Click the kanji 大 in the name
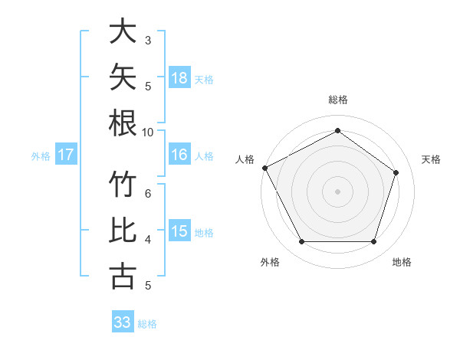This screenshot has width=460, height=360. pos(123,31)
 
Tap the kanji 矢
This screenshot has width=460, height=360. pos(123,77)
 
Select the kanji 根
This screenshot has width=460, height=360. pos(123,123)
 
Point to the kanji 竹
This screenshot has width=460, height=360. pos(123,184)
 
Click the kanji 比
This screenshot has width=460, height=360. pos(123,230)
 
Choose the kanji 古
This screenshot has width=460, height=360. pos(123,276)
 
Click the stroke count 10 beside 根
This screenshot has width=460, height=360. pos(147,133)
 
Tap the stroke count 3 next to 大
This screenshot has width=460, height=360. pos(148,41)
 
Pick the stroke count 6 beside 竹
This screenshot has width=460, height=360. pos(148,194)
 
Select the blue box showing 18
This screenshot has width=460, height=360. pos(179,77)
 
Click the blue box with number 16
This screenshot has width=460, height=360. pos(179,154)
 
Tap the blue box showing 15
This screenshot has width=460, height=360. pos(179,230)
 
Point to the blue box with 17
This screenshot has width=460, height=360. pos(66,154)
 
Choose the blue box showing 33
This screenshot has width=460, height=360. pos(123,321)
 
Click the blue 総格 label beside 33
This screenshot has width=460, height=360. pos(147,324)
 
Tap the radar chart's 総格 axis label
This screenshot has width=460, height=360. pos(338,100)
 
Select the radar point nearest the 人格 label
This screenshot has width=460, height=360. pos(265,168)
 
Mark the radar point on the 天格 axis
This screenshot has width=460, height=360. pos(396,172)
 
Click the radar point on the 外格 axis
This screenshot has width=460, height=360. pos(302,241)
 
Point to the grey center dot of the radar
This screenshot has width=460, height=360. pos(337,191)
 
